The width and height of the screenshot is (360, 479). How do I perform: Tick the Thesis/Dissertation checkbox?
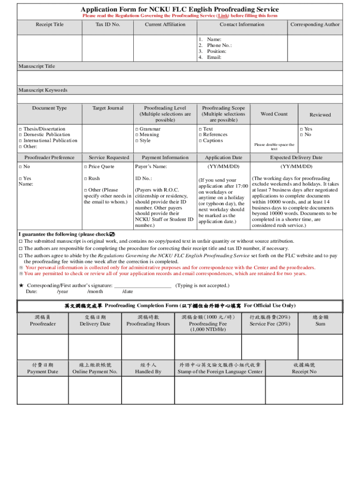[20, 129]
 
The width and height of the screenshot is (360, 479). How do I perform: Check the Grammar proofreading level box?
[137, 129]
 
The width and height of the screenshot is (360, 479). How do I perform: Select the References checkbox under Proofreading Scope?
[200, 135]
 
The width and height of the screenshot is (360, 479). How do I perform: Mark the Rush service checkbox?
[86, 179]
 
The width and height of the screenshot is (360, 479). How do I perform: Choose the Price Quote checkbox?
[86, 167]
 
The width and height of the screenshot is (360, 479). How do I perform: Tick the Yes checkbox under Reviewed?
[301, 129]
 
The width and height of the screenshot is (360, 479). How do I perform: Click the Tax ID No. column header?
[108, 24]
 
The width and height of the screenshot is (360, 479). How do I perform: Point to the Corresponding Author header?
[315, 24]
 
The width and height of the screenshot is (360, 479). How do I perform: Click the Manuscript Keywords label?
[43, 90]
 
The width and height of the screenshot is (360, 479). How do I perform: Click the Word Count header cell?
[274, 114]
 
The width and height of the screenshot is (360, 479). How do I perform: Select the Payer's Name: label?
[151, 167]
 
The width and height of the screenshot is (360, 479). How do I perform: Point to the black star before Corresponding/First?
[21, 285]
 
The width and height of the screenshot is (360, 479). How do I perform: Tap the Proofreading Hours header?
[148, 324]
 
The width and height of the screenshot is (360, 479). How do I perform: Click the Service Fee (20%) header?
[270, 324]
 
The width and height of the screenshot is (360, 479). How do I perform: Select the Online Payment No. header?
[95, 372]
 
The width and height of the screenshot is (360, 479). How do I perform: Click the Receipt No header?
[304, 372]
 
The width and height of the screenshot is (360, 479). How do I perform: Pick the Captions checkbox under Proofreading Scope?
[200, 141]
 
